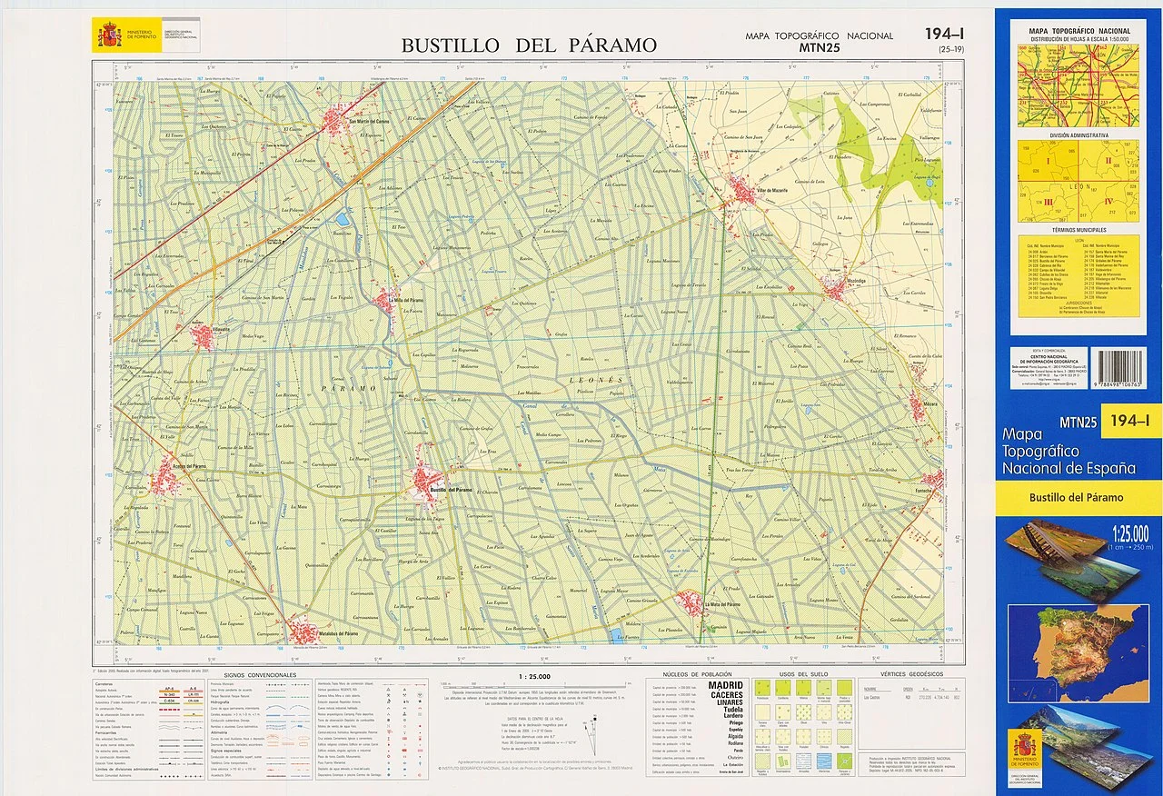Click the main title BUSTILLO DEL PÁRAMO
point(529,45)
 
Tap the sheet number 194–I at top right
point(944,34)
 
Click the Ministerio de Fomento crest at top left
point(110,36)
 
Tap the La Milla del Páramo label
point(403,301)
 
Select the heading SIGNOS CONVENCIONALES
point(260,675)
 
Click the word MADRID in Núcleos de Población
point(725,685)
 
